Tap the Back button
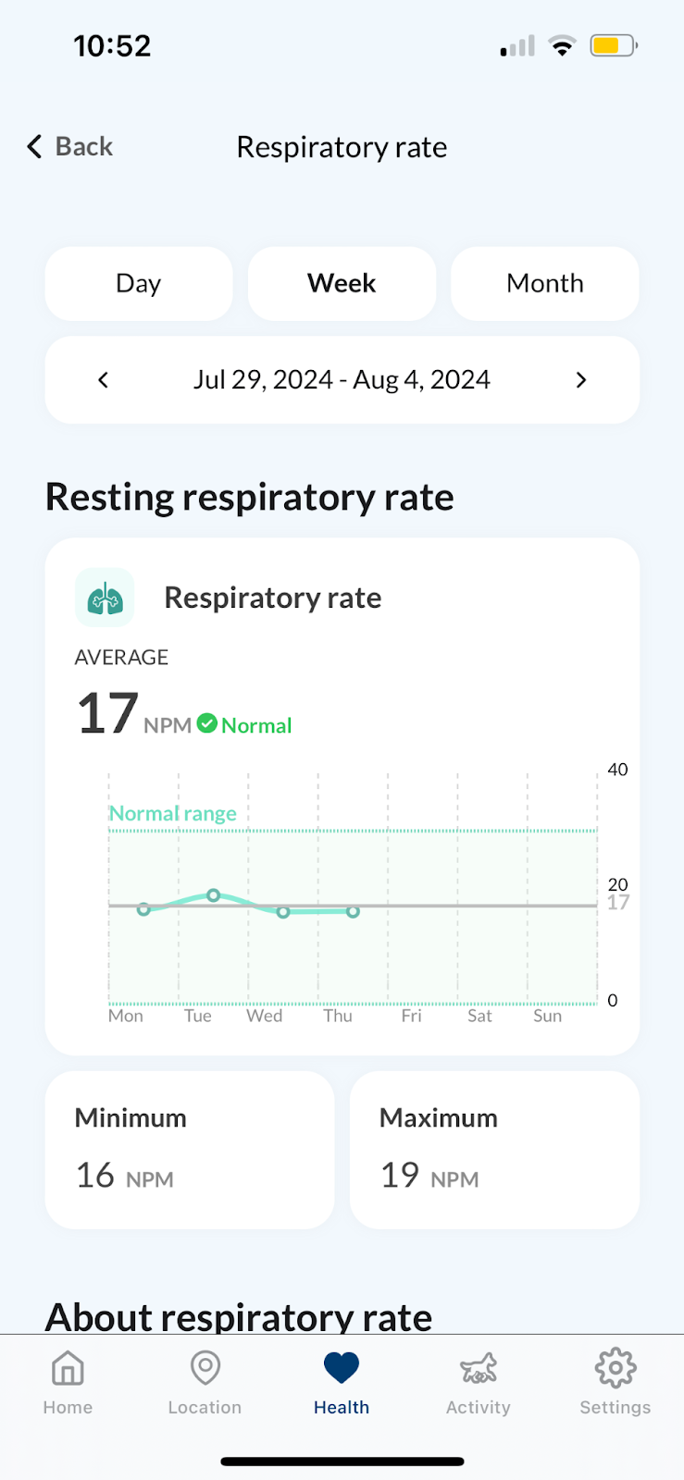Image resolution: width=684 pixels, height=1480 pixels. point(70,146)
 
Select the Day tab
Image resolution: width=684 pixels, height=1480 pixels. point(139,283)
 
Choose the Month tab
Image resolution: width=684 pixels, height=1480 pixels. point(544,283)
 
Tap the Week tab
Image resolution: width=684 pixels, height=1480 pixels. point(342,283)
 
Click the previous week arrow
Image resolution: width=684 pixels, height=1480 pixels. point(103,380)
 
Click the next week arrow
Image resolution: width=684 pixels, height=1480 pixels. point(581,380)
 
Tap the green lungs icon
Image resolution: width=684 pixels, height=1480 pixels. point(105,598)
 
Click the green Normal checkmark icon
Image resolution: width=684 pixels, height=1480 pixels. point(207,723)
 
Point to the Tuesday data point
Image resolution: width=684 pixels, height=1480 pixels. point(214,895)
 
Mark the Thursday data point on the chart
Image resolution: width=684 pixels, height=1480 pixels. point(353,912)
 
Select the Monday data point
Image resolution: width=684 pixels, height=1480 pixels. point(143,909)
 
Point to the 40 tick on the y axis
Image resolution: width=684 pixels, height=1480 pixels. point(617,769)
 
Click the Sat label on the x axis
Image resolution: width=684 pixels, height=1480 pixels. point(479,1016)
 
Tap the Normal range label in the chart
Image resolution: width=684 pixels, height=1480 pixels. point(172,813)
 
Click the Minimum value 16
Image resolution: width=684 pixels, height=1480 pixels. point(95,1175)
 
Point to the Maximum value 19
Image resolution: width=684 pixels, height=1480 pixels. point(400,1175)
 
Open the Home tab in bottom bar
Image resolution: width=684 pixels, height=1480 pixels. point(68,1382)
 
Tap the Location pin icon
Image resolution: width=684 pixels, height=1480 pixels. point(205,1367)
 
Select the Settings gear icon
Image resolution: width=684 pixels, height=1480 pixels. point(616,1367)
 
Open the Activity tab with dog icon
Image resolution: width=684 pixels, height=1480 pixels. point(479,1382)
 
